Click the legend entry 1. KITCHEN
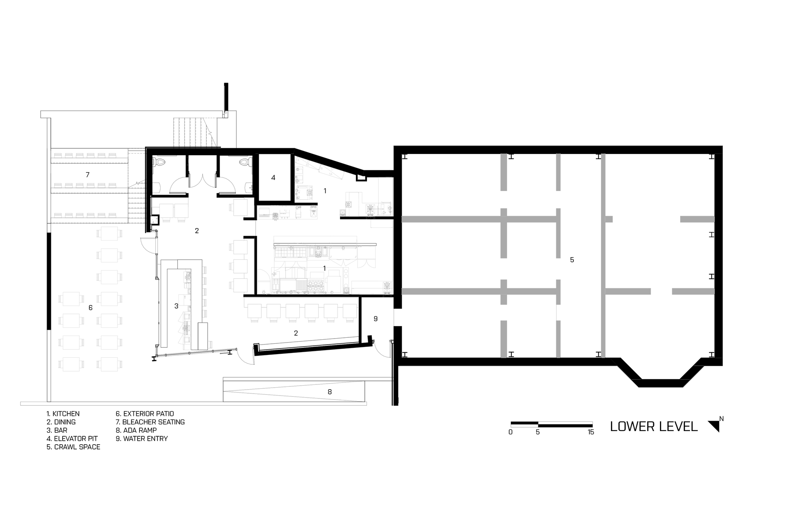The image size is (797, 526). (x=63, y=414)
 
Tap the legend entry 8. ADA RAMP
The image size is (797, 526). (x=136, y=430)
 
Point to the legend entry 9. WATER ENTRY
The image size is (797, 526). (x=141, y=439)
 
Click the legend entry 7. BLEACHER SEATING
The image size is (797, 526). (x=150, y=422)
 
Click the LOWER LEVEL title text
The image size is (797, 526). (x=654, y=427)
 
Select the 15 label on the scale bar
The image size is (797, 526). (x=591, y=432)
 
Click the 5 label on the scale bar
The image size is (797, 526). (x=538, y=432)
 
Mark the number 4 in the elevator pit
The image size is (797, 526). (x=273, y=178)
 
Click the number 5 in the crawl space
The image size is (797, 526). (x=572, y=260)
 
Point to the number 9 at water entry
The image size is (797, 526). (x=375, y=319)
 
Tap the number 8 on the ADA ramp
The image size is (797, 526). (x=330, y=392)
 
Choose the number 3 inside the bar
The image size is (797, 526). (x=176, y=306)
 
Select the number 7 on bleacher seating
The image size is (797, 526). (x=87, y=175)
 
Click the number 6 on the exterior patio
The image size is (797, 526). (x=90, y=308)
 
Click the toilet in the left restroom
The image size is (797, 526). (x=160, y=162)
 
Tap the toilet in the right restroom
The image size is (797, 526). (x=244, y=162)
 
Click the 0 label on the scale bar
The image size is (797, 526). (x=510, y=432)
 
